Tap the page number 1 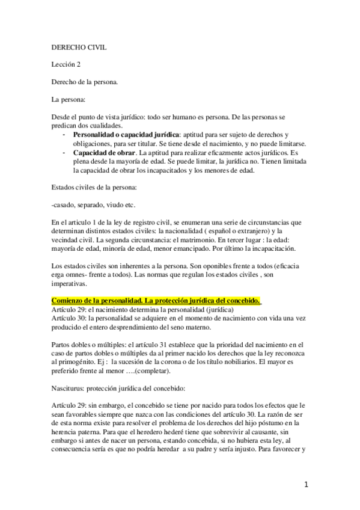pyautogui.click(x=307, y=484)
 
